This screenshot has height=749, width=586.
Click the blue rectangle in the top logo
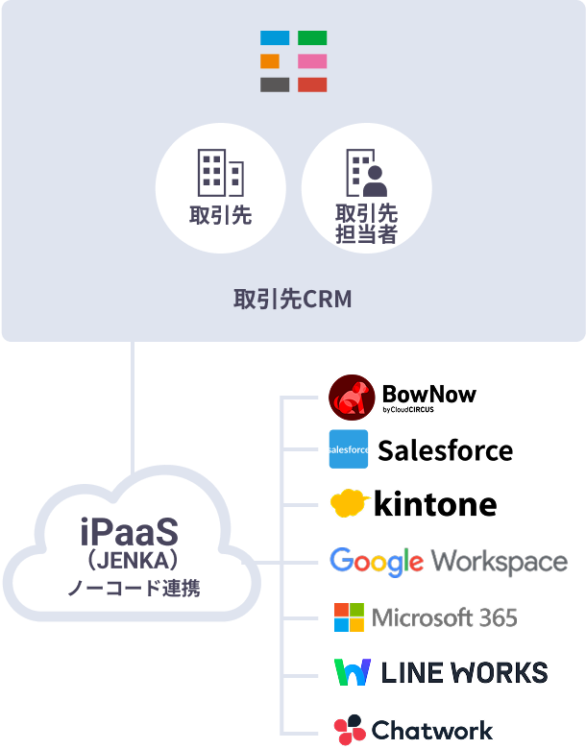275,38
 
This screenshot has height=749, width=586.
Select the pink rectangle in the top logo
312,61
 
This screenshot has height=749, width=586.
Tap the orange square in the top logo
270,61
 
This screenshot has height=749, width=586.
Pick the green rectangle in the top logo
312,38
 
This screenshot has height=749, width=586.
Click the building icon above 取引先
220,173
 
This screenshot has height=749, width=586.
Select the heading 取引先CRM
293,300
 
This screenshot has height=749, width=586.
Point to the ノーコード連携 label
134,588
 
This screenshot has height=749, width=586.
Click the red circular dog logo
351,397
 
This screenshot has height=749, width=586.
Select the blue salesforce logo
349,449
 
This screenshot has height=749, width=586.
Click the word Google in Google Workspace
377,561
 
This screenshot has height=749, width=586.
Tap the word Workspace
499,562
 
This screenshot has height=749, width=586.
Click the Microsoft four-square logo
349,617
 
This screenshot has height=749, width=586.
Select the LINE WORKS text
464,672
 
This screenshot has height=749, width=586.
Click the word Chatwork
432,730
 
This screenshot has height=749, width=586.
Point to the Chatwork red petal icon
349,730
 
